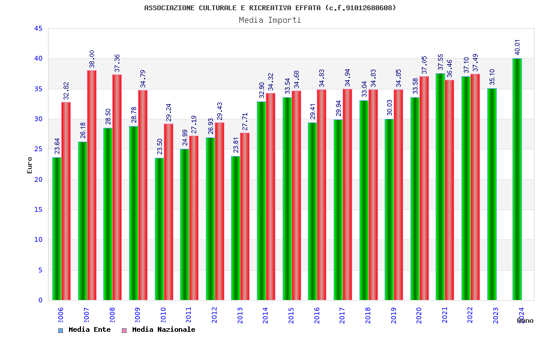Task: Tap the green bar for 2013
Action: pyautogui.click(x=236, y=228)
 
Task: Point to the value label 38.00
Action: pyautogui.click(x=92, y=59)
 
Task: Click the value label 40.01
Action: pyautogui.click(x=517, y=47)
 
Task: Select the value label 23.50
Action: pyautogui.click(x=160, y=146)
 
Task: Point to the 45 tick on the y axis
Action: pyautogui.click(x=38, y=28)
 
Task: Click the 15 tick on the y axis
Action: pyautogui.click(x=38, y=209)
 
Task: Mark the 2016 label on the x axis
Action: pyautogui.click(x=317, y=316)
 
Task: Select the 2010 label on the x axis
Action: pyautogui.click(x=163, y=316)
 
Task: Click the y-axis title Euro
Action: pyautogui.click(x=30, y=165)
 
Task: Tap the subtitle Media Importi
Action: pyautogui.click(x=270, y=20)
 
